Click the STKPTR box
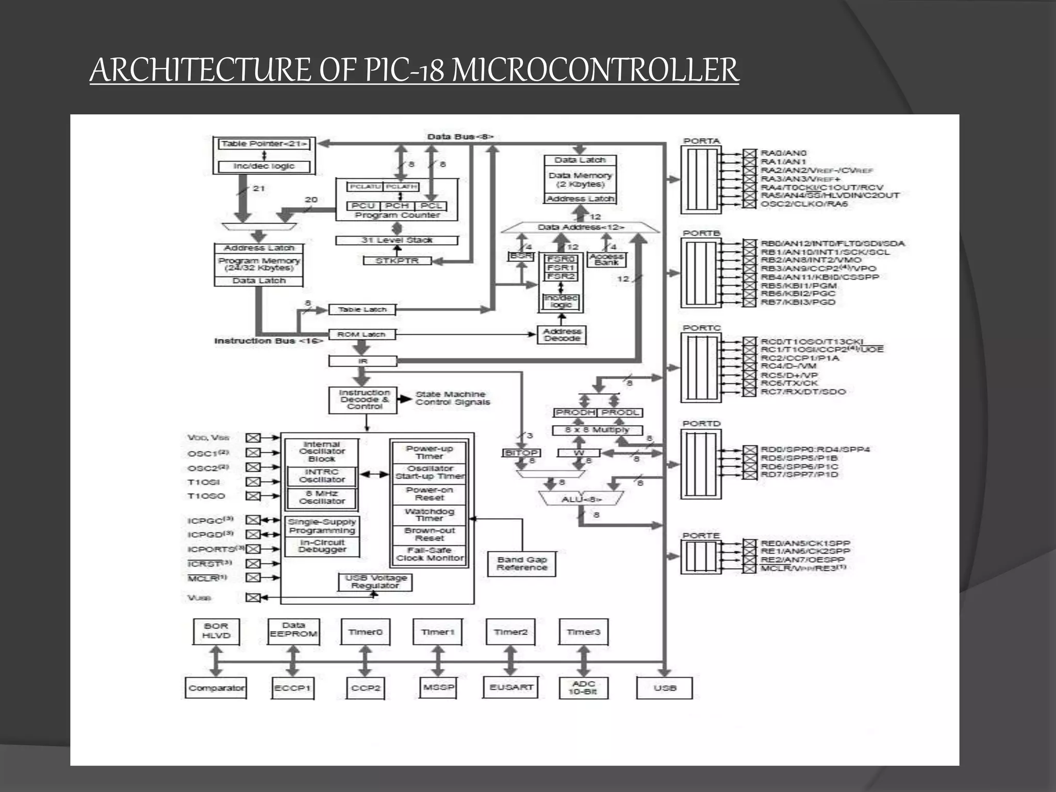pos(397,261)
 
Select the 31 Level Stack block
pos(397,240)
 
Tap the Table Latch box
pos(362,309)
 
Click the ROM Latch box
pos(362,334)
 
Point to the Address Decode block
pos(562,335)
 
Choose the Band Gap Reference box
pos(522,564)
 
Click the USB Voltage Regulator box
pos(375,582)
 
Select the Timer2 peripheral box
pos(510,632)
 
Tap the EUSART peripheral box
pos(510,687)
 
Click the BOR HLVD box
pos(216,631)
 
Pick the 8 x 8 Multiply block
pos(597,430)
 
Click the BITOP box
pos(521,453)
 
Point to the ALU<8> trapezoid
pos(582,499)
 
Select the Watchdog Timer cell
pos(429,515)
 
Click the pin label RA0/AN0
pos(784,153)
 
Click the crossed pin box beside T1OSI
pos(253,482)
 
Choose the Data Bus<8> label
pos(460,137)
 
